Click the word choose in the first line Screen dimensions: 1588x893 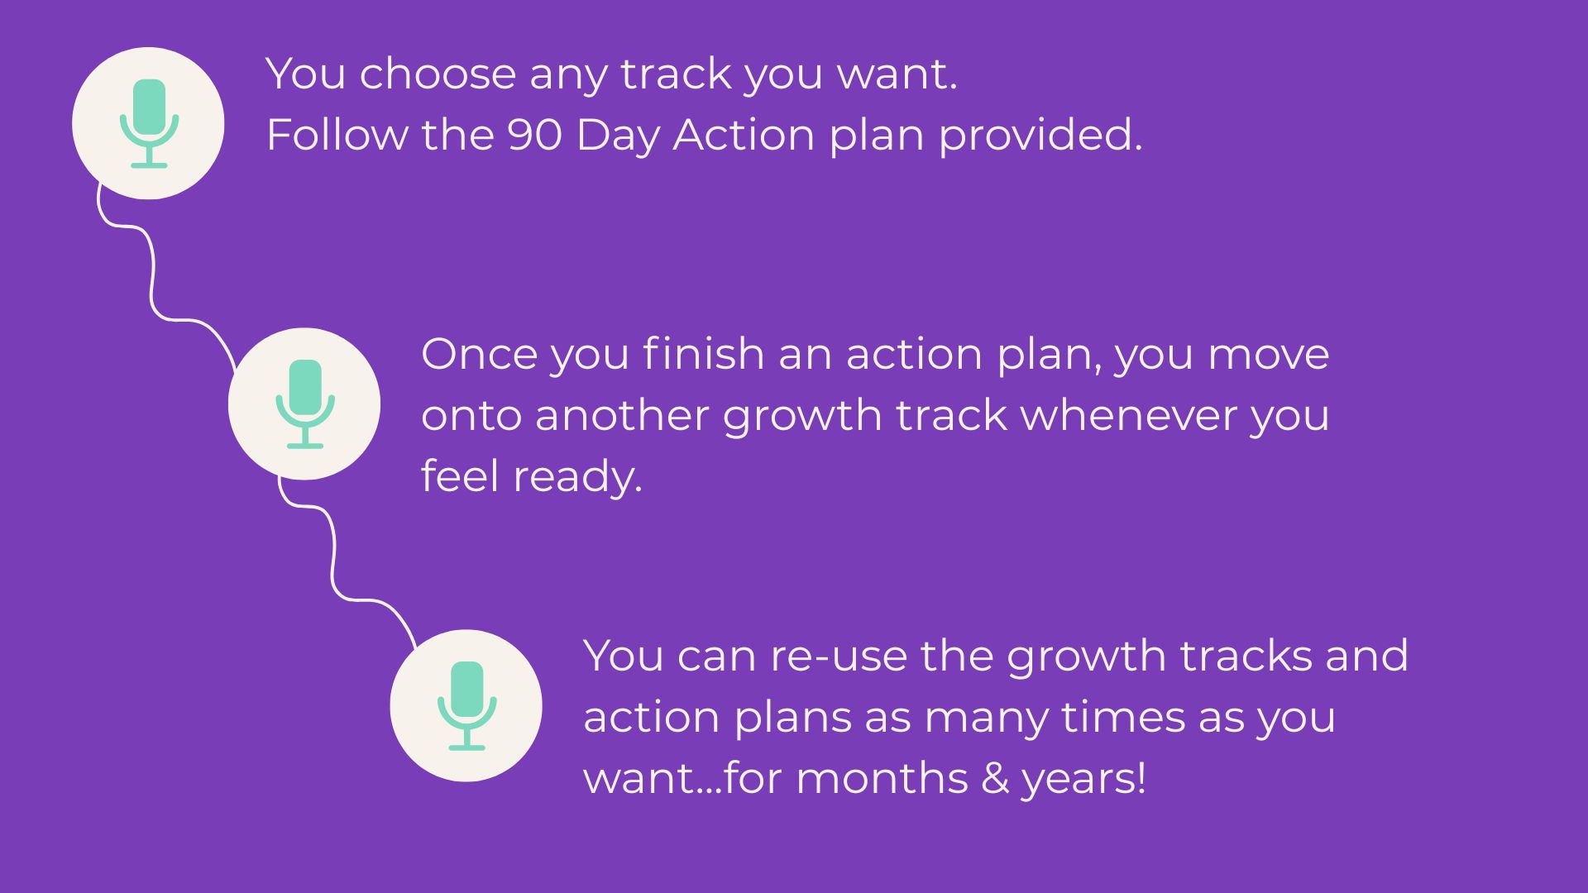coord(438,74)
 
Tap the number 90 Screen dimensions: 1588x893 coord(535,135)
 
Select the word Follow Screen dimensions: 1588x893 coord(337,134)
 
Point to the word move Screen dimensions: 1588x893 coord(1269,356)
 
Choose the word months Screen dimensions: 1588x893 coord(882,778)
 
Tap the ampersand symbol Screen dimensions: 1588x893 coord(995,778)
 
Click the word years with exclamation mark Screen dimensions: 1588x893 coord(1083,781)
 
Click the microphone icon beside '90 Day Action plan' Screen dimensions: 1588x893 coord(149,123)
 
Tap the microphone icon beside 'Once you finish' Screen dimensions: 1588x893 coord(305,404)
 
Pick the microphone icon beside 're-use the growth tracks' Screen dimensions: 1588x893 coord(466,705)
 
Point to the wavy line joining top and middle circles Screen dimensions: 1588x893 coord(153,273)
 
